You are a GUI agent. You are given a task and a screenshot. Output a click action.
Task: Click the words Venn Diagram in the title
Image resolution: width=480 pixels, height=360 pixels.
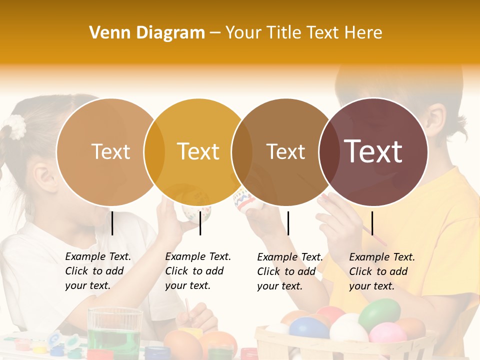(x=147, y=32)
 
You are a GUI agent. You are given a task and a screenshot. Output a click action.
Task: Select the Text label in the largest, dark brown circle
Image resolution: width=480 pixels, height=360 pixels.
(x=373, y=151)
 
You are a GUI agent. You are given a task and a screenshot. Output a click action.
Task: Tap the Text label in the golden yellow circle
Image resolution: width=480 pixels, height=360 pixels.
(x=198, y=151)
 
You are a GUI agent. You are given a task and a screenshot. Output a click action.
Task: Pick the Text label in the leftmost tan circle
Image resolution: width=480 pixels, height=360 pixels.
(x=110, y=151)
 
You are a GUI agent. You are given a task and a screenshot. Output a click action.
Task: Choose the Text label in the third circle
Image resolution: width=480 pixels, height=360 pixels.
(x=285, y=151)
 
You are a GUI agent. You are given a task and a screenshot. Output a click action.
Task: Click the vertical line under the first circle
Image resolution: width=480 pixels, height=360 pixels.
(x=112, y=223)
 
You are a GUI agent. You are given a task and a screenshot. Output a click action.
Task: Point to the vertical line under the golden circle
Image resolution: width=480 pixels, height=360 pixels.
(x=200, y=223)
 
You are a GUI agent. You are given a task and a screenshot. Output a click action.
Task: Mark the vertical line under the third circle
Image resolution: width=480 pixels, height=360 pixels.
(x=288, y=223)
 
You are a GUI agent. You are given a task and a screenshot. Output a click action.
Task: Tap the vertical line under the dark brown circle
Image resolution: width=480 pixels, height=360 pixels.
(x=372, y=223)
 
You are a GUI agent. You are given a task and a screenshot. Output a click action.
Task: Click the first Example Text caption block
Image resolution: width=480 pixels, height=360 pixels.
(x=97, y=271)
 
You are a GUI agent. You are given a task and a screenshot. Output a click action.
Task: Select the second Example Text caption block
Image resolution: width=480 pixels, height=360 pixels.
(x=197, y=271)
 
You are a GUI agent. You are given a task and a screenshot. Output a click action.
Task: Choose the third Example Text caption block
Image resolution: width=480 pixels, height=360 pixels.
(x=289, y=271)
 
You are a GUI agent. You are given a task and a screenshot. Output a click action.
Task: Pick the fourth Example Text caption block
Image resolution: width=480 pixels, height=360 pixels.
(x=381, y=271)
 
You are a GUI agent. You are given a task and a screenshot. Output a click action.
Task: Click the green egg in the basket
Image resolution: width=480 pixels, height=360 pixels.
(x=379, y=313)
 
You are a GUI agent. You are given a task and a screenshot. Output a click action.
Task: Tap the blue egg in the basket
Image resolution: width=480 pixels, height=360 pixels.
(x=308, y=328)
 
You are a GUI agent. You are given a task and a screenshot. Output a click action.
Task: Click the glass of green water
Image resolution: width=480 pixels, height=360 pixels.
(x=115, y=332)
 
